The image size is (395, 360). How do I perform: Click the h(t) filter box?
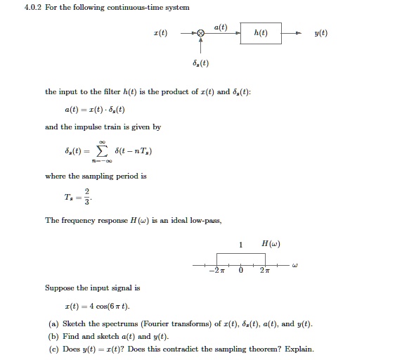[261, 32]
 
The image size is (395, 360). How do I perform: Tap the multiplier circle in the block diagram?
[201, 32]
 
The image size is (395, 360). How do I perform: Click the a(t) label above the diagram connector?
[220, 26]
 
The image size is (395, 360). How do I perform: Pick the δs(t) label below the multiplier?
[200, 64]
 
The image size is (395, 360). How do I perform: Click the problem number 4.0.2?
[14, 7]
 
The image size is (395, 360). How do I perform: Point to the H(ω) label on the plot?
[271, 244]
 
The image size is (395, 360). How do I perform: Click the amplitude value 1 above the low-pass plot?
[241, 245]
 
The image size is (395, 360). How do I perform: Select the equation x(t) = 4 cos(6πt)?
[97, 307]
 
